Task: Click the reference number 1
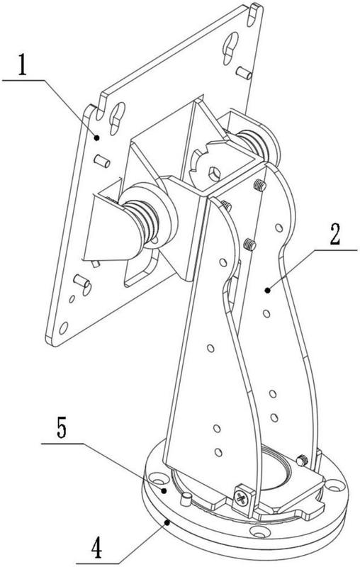(x=23, y=64)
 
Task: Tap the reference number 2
(x=334, y=235)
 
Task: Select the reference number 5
(x=61, y=427)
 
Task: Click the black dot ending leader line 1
(x=96, y=137)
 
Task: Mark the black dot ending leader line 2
(x=267, y=290)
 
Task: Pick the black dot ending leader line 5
(x=164, y=490)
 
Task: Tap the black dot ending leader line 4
(x=167, y=522)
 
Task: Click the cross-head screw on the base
(x=240, y=498)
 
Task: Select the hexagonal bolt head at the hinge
(x=214, y=174)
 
